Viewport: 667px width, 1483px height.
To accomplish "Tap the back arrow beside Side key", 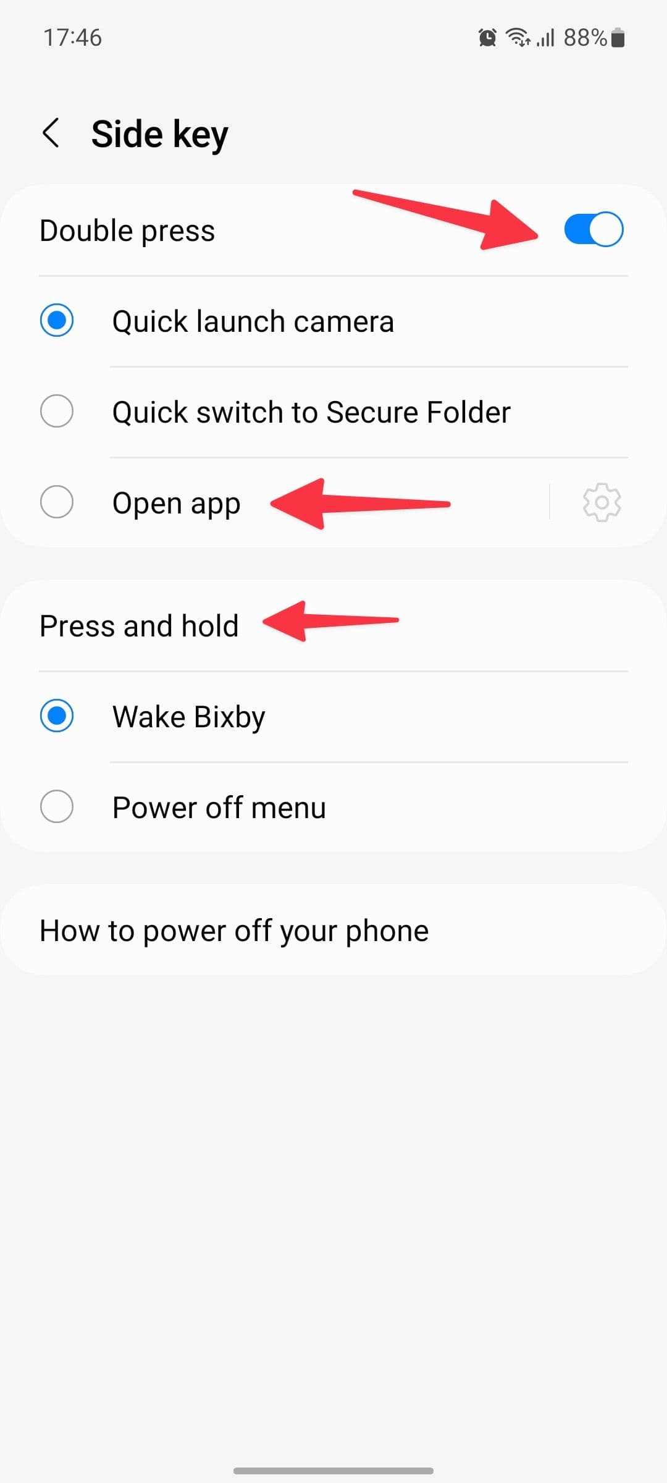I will coord(51,133).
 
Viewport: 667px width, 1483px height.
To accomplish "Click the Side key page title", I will coord(159,134).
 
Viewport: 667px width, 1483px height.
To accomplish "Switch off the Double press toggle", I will coord(594,230).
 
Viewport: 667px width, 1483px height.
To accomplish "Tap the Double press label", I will coord(127,230).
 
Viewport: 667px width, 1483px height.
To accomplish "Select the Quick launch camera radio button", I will coord(57,321).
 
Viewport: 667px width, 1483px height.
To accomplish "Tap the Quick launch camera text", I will coord(253,322).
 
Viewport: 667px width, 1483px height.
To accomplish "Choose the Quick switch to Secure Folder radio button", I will coord(57,412).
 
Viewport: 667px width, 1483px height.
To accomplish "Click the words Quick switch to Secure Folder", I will coord(311,412).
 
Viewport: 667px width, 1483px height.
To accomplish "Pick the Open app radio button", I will coord(57,502).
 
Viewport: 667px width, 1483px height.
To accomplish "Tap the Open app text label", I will coord(176,504).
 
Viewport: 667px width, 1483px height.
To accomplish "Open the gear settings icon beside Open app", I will coord(602,502).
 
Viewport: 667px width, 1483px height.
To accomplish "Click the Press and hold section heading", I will coord(139,626).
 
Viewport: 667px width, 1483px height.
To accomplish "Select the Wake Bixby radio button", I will coord(57,716).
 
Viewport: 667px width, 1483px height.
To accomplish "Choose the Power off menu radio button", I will coord(57,806).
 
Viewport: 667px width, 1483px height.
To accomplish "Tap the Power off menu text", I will coord(219,808).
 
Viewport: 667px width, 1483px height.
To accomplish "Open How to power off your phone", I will coord(234,931).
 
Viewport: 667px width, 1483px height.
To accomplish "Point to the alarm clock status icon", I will coord(487,38).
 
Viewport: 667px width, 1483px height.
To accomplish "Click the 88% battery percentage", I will coord(585,38).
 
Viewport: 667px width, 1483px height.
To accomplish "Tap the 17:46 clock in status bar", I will coord(72,38).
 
